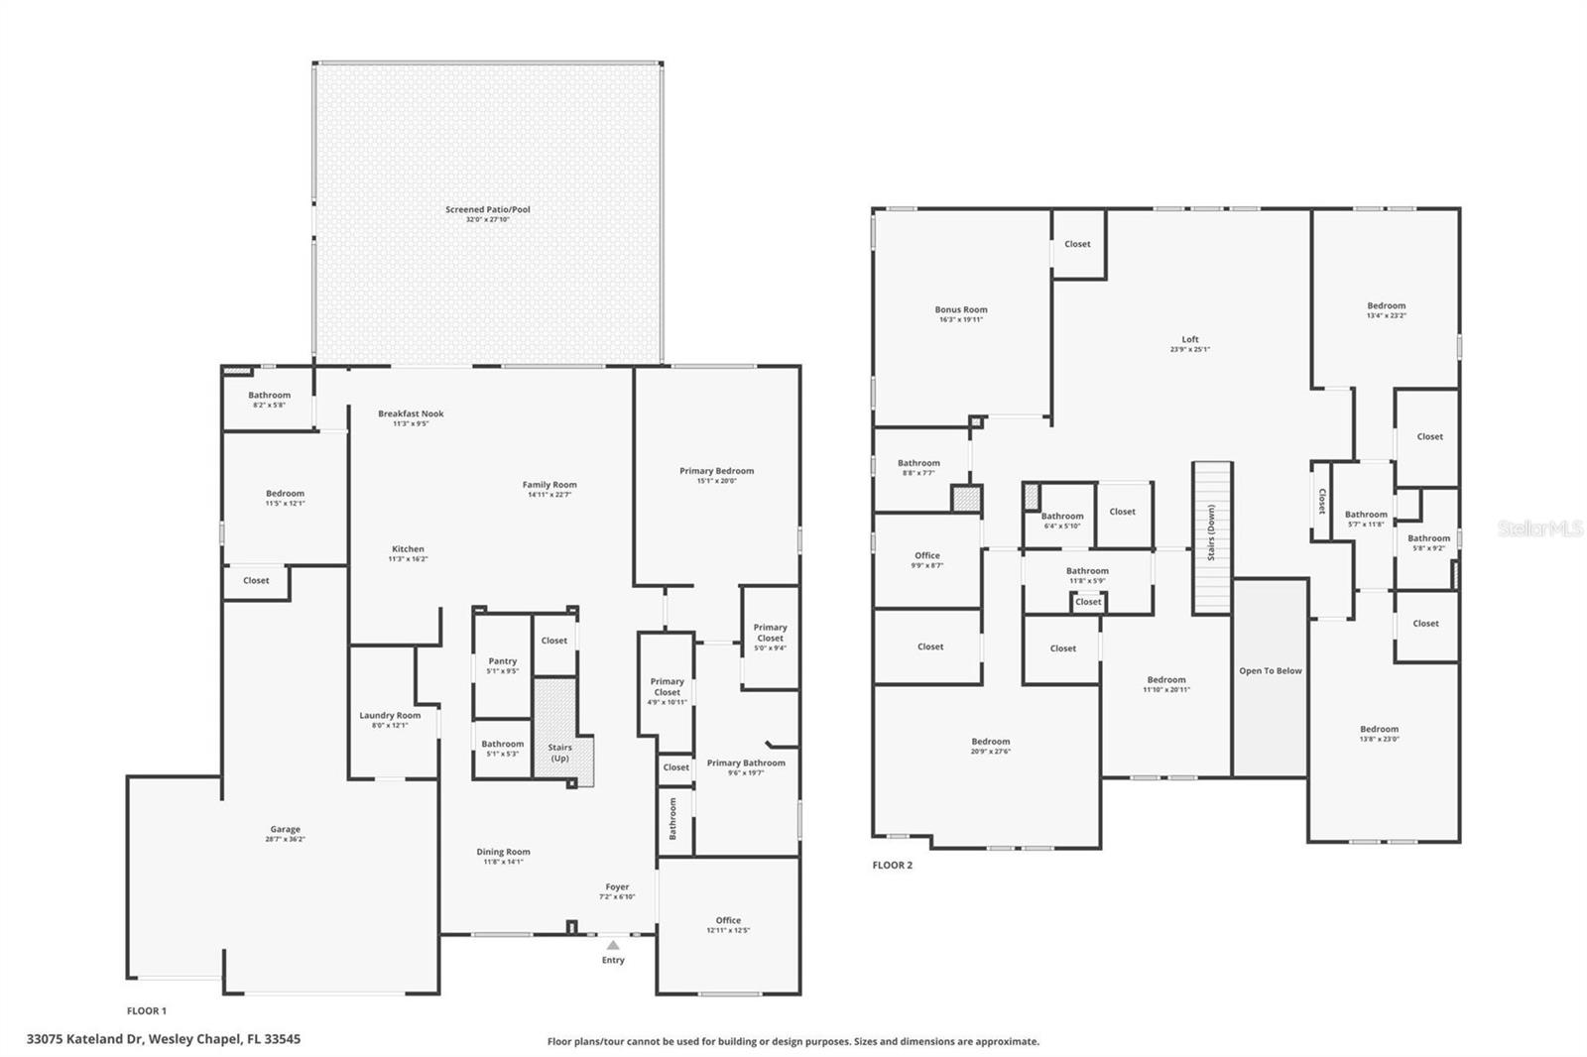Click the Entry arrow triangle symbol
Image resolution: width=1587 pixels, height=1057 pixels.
613,945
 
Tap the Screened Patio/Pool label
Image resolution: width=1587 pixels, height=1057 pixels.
487,209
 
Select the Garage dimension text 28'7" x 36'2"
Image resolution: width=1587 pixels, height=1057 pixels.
285,840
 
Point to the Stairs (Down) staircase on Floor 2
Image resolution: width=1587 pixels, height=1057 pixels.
1211,537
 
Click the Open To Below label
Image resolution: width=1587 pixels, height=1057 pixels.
1270,671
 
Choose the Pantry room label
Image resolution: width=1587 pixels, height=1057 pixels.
502,661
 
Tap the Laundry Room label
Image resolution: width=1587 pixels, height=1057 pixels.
390,715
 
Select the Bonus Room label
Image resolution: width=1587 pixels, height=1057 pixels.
960,309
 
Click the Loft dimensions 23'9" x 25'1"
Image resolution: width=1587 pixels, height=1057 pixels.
1189,350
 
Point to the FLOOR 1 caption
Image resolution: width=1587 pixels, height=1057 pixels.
147,1010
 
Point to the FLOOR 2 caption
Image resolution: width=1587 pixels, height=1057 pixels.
892,865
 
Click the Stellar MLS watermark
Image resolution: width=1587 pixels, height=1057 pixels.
1539,528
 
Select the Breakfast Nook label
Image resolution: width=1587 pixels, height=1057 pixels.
411,413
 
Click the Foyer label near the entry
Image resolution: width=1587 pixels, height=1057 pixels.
617,887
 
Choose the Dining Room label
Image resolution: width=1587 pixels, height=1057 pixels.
503,852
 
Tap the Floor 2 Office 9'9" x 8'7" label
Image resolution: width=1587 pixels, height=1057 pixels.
926,556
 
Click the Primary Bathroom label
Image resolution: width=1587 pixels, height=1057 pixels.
745,763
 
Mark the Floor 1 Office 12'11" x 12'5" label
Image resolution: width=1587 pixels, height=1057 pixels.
728,920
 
